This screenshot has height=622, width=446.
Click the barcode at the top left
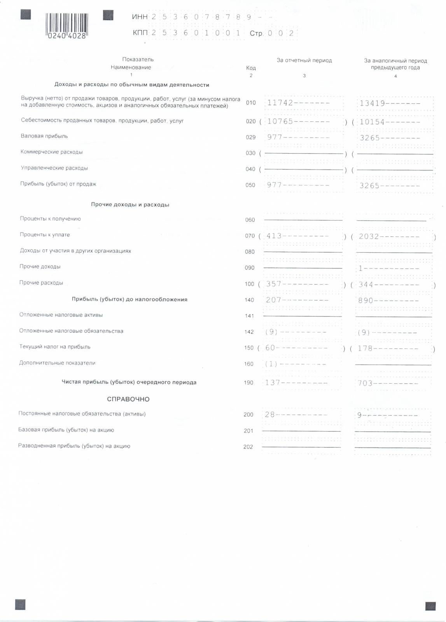[67, 26]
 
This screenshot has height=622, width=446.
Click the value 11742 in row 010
[280, 103]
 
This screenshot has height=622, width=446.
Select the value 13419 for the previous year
[372, 103]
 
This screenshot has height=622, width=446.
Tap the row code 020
[251, 121]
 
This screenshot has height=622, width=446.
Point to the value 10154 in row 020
[372, 122]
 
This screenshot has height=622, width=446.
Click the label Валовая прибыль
[44, 136]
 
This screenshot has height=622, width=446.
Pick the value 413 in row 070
[274, 236]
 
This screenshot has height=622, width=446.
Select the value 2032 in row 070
[369, 236]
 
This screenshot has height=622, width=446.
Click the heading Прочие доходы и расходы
[130, 204]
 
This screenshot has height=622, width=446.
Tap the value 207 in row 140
[273, 300]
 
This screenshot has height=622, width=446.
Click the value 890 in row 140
[366, 301]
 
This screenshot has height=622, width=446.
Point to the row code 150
[249, 348]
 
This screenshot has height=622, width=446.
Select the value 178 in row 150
[365, 348]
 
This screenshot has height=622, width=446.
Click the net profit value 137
[273, 383]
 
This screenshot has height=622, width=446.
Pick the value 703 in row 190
[365, 383]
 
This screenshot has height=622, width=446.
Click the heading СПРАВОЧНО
[128, 399]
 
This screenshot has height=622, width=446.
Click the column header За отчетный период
[304, 60]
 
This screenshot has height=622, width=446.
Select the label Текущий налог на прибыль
[55, 347]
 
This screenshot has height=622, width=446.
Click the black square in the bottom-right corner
[430, 606]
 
